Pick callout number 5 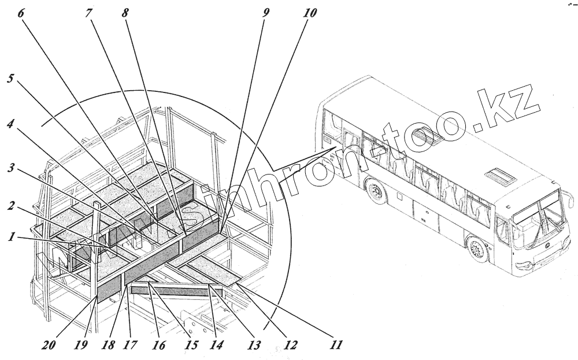(x=10, y=78)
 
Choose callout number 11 (x=336, y=345)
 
